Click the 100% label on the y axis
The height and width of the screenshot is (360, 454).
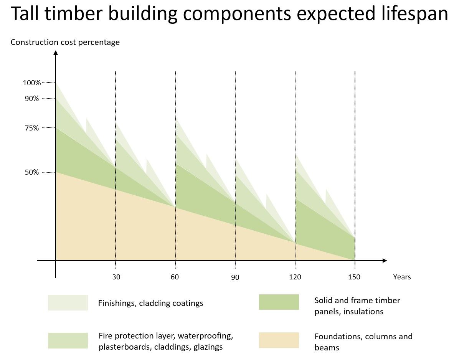32,83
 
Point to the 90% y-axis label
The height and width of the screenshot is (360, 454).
32,99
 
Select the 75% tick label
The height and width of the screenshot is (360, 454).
32,128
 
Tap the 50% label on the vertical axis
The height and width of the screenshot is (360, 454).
32,172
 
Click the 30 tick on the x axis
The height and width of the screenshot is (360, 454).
116,277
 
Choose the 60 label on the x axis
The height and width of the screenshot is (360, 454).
175,277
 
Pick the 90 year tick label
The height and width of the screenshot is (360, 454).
235,277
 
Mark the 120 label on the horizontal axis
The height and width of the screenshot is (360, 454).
295,277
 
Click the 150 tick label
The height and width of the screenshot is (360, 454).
355,277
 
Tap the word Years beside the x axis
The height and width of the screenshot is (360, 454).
402,277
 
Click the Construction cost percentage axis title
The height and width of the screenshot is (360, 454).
65,42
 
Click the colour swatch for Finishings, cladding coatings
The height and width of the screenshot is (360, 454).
68,302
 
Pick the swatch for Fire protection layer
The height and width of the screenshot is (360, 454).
68,340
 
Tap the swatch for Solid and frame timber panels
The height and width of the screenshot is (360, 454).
279,302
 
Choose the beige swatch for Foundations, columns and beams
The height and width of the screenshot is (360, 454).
279,340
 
